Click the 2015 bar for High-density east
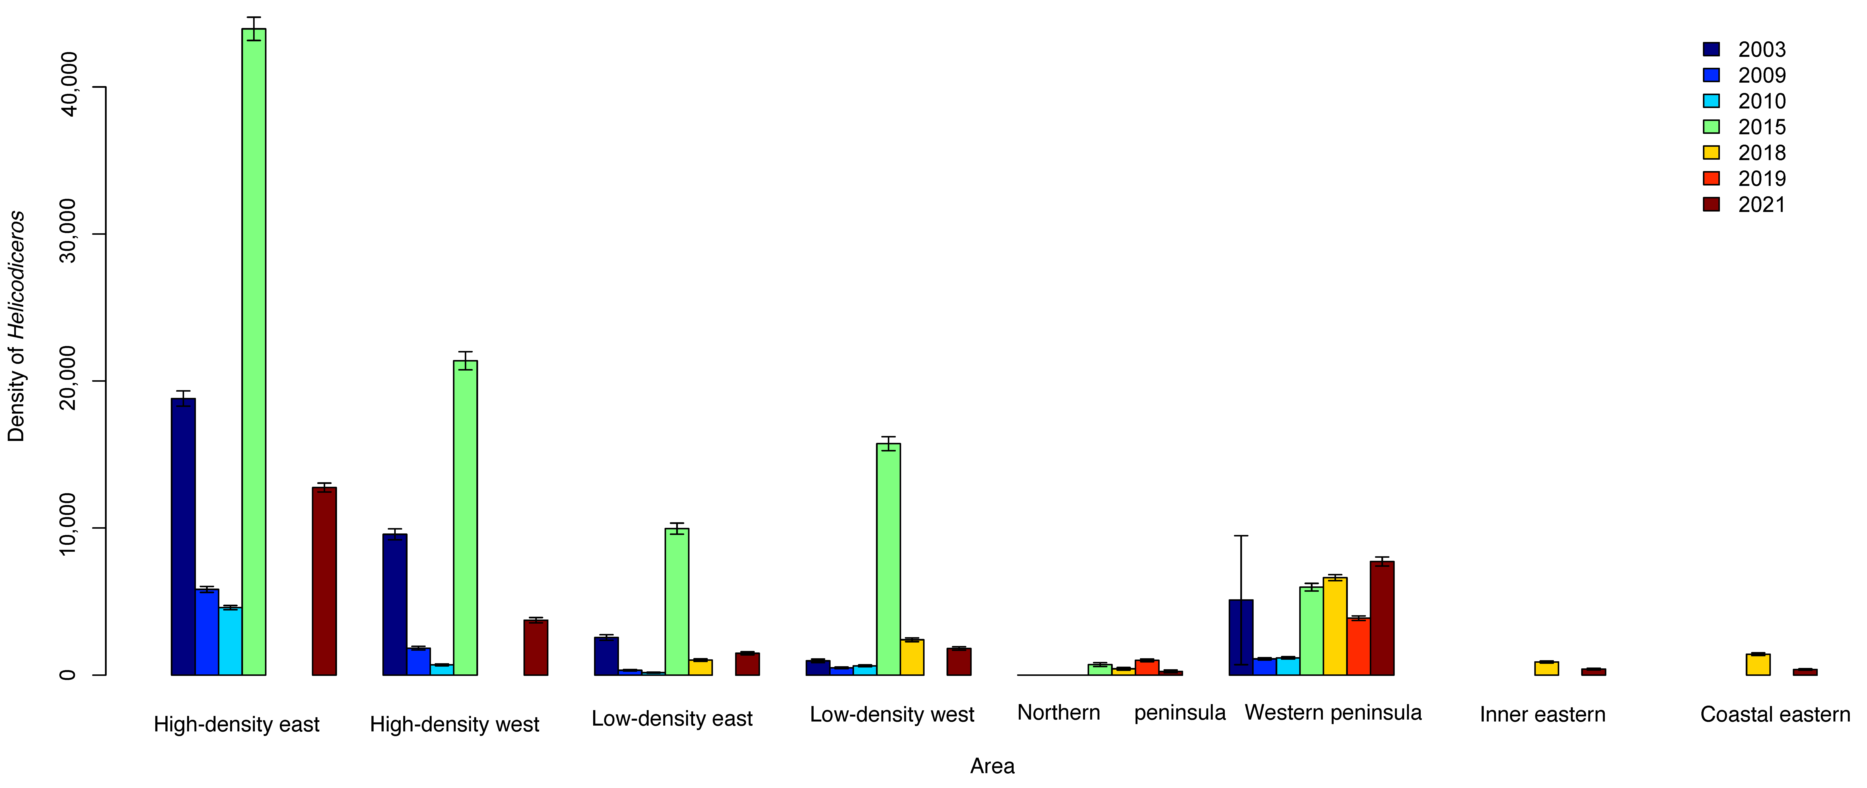point(254,352)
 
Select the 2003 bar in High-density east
point(183,536)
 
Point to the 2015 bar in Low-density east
point(677,602)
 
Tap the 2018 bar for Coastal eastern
point(1758,664)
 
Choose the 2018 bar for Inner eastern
point(1547,668)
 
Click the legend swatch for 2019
point(1711,178)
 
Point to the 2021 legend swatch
point(1711,204)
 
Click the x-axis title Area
point(992,766)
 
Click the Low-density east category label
point(672,718)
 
